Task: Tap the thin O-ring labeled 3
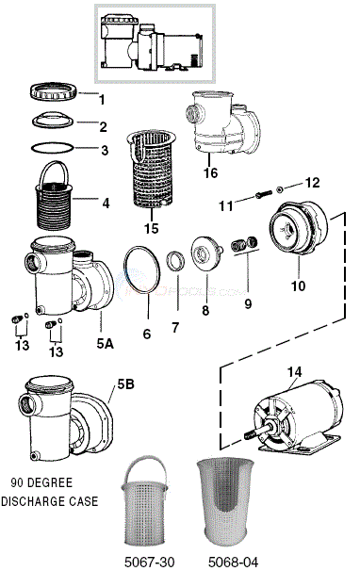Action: pyautogui.click(x=53, y=148)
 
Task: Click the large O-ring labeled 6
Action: pyautogui.click(x=141, y=271)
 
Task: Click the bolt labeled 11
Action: pyautogui.click(x=263, y=194)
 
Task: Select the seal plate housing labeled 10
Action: pyautogui.click(x=299, y=228)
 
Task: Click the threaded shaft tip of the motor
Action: pyautogui.click(x=250, y=434)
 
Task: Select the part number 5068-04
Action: pyautogui.click(x=233, y=562)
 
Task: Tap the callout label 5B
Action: pyautogui.click(x=125, y=384)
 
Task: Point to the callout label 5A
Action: pyautogui.click(x=105, y=343)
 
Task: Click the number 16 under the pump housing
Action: pyautogui.click(x=210, y=172)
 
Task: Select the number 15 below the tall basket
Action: pyautogui.click(x=151, y=228)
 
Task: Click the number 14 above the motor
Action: pyautogui.click(x=294, y=372)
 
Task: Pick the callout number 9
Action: pyautogui.click(x=248, y=303)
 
